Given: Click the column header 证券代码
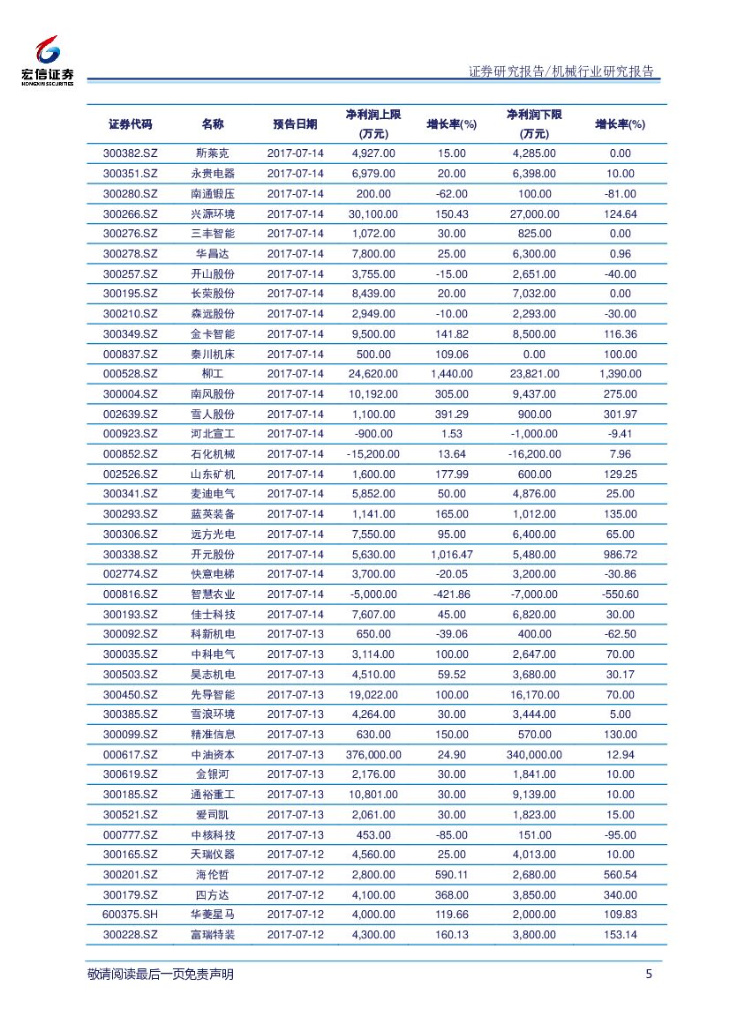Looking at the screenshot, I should click(x=130, y=124).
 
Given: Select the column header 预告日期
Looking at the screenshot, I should click(x=295, y=124).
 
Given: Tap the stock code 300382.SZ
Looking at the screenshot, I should click(x=130, y=153).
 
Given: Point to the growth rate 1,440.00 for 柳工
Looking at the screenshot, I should click(x=451, y=374).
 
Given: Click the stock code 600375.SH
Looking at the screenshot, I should click(x=130, y=915).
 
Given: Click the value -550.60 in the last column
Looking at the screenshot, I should click(x=620, y=594).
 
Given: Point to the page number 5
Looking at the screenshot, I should click(x=650, y=975).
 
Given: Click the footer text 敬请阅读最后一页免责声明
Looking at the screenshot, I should click(x=161, y=975).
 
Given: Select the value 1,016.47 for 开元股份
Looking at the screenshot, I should click(x=451, y=555).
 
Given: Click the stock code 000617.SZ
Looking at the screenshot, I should click(x=130, y=755).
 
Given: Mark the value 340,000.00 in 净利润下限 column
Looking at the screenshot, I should click(x=534, y=755).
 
